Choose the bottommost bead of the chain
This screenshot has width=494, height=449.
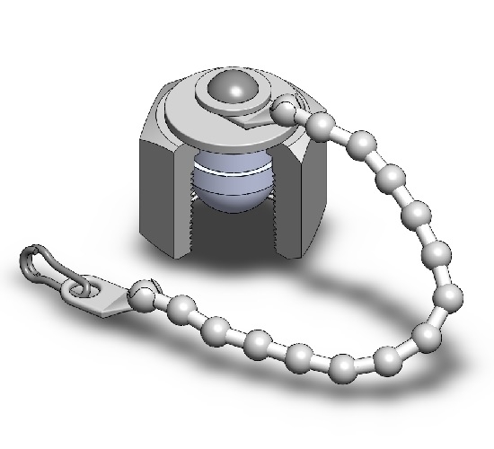click(341, 367)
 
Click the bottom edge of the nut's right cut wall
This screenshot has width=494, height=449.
click(287, 253)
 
